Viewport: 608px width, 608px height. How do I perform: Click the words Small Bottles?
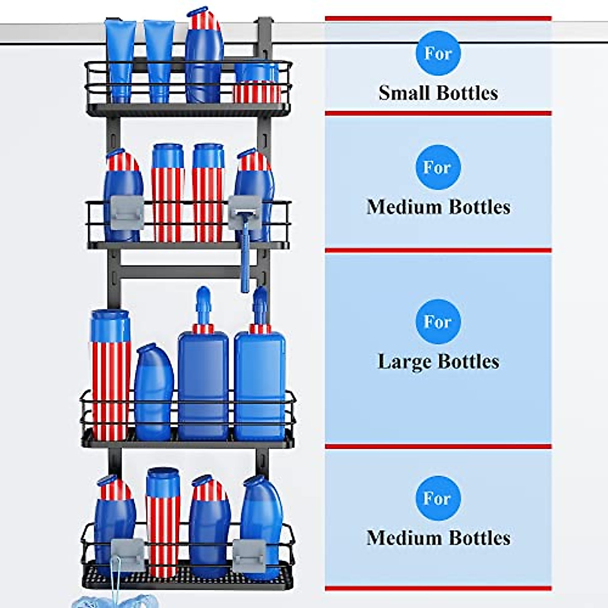438,93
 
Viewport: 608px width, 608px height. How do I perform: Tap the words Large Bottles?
438,362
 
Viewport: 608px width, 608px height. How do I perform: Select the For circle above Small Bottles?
438,53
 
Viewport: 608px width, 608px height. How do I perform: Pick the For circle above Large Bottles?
438,322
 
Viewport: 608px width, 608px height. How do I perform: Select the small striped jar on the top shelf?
256,83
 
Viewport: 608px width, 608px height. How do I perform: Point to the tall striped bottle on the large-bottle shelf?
110,375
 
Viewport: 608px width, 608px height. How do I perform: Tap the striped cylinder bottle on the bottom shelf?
163,522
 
